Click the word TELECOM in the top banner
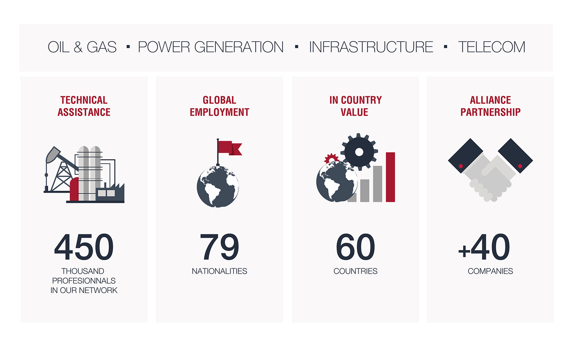491,47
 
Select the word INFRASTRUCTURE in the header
371,47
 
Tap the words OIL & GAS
82,47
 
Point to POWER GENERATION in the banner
211,47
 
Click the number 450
84,247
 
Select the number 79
219,247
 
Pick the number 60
355,247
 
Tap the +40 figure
484,247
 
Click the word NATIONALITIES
219,271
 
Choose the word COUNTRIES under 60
355,271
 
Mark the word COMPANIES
490,271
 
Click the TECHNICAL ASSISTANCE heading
84,106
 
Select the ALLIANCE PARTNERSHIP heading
490,106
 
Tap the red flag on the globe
229,148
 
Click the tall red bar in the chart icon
390,177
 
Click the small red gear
331,158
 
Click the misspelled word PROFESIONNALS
84,281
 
